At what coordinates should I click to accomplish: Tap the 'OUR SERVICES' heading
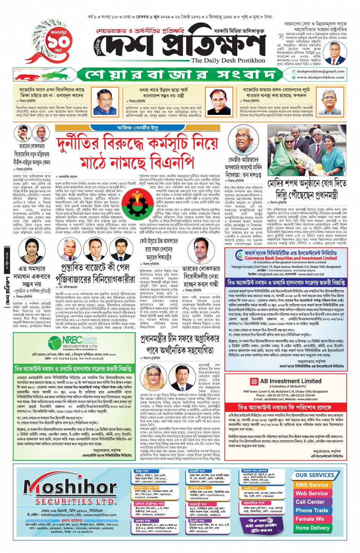point(315,475)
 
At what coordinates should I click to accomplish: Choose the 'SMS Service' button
point(312,485)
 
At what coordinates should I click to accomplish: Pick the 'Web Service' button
point(312,493)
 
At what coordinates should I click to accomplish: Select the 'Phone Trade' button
point(312,510)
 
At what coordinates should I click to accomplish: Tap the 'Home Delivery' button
point(312,528)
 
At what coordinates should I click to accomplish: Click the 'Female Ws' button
point(310,519)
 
